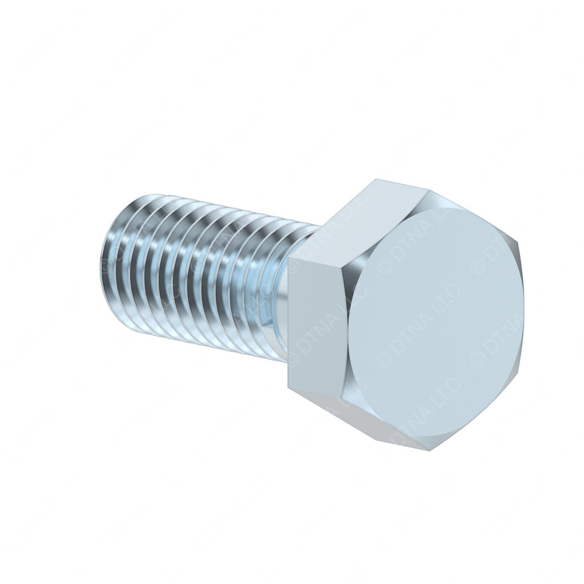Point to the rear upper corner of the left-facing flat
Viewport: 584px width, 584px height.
coord(288,259)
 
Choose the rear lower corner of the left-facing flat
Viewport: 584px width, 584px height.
coord(288,388)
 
